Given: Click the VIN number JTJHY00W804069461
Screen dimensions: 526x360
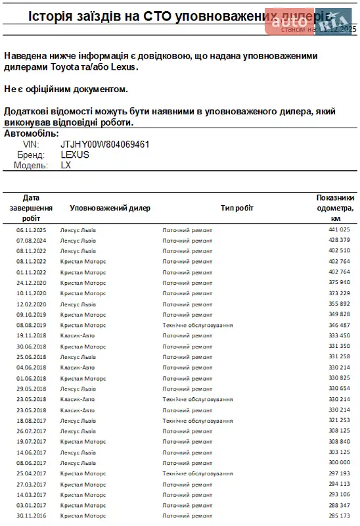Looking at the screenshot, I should (x=104, y=144).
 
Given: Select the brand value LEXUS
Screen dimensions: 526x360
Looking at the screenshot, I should (x=74, y=155).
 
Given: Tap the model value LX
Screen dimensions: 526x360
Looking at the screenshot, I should (x=66, y=165).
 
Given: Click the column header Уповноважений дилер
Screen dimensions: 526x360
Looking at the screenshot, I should (x=110, y=208).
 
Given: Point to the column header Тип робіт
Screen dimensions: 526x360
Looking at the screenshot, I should (x=237, y=208).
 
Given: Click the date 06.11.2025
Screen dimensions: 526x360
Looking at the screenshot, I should (x=31, y=229).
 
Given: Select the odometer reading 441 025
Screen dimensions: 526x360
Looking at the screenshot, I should (x=339, y=229).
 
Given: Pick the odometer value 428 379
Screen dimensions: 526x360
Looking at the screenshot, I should (x=339, y=240).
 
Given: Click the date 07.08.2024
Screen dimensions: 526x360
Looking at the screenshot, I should (x=31, y=240).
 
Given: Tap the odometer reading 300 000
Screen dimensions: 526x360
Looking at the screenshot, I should (x=339, y=463).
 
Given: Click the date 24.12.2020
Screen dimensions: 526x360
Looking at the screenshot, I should (x=31, y=283).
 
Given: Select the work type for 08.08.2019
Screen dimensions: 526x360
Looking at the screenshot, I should (x=197, y=325).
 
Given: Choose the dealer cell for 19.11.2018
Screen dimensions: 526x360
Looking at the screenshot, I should (x=78, y=335).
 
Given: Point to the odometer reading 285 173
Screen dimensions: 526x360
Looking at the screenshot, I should (x=339, y=515).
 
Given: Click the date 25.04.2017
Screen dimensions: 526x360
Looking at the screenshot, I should (x=31, y=473).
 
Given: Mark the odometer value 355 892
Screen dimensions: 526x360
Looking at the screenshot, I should (x=339, y=304).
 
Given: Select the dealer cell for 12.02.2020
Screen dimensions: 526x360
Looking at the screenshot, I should (x=78, y=304).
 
